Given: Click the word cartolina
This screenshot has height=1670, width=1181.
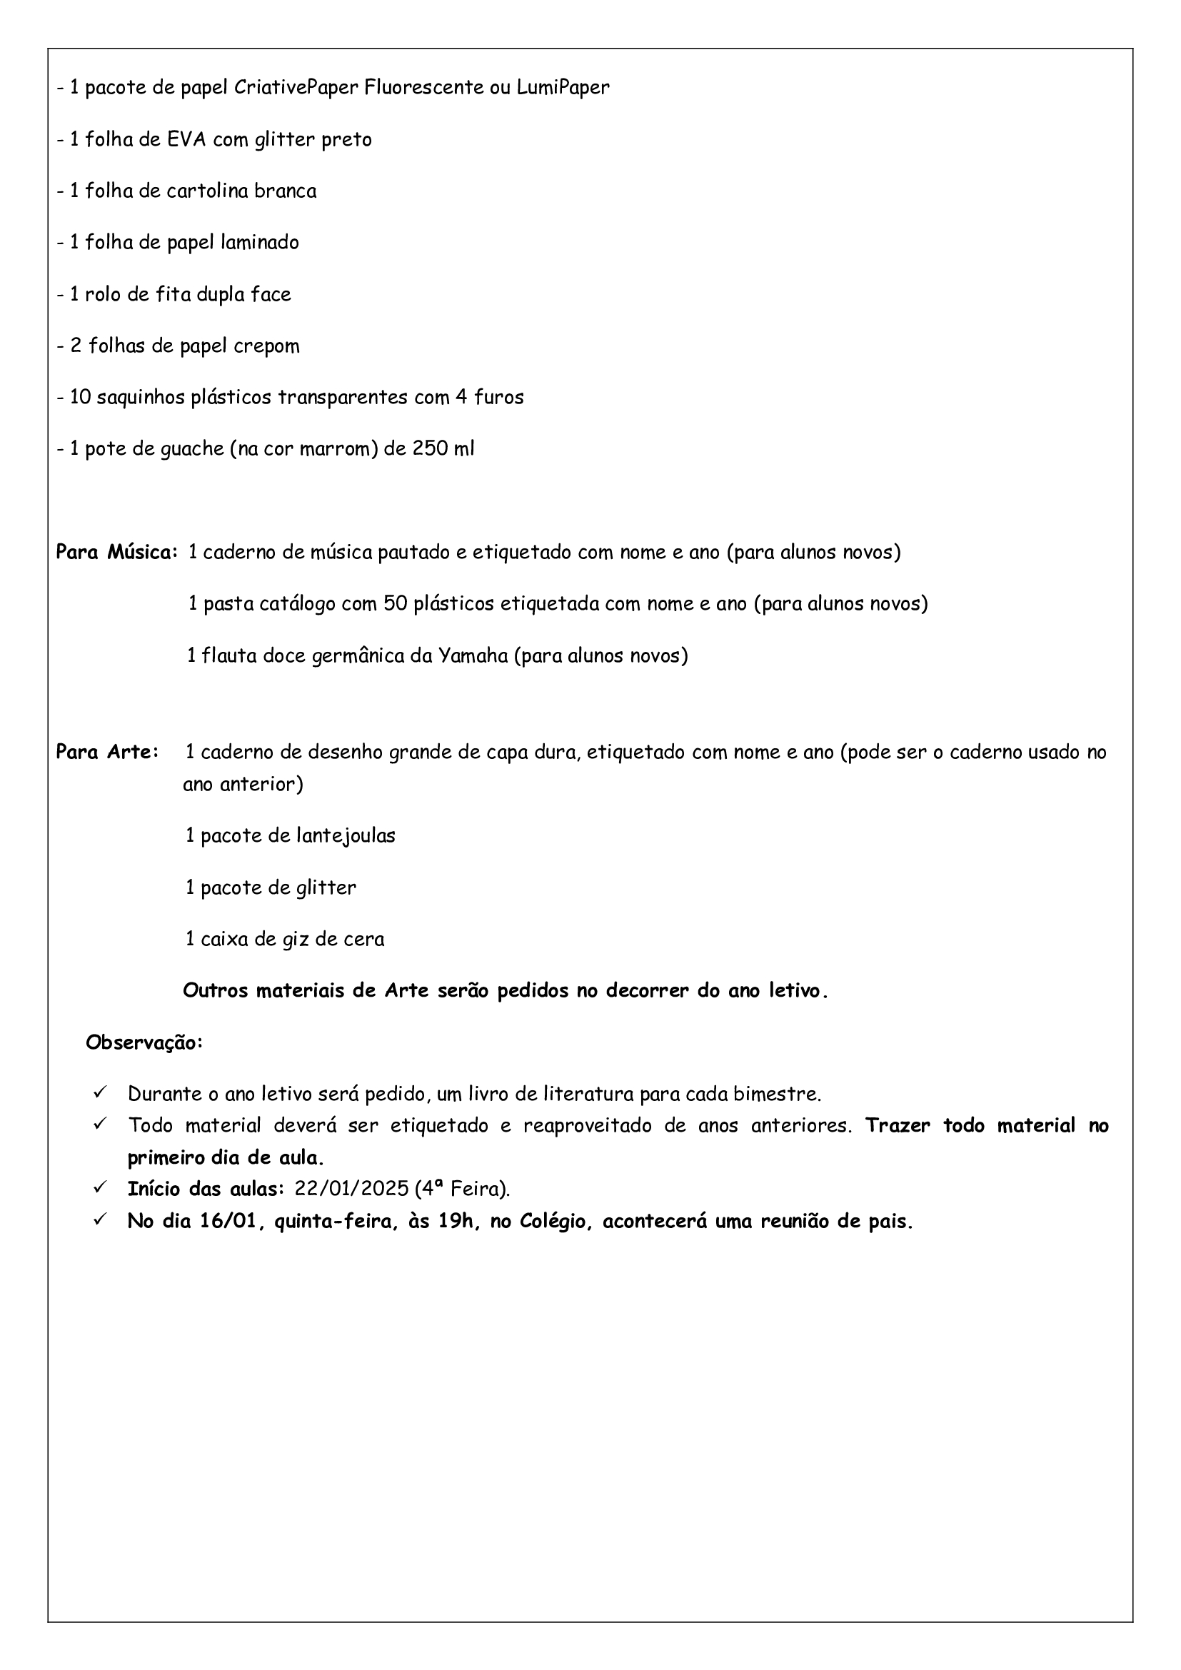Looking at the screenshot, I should [210, 191].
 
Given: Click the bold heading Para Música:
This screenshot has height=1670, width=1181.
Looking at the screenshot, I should [116, 553].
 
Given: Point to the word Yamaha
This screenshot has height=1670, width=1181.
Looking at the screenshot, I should [472, 656].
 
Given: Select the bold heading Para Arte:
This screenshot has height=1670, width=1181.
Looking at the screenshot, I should [108, 752].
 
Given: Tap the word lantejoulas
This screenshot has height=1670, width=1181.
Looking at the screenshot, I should [346, 836].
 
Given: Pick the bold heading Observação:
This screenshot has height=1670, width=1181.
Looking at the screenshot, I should [145, 1043].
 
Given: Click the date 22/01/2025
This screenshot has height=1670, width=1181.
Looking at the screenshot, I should [352, 1189].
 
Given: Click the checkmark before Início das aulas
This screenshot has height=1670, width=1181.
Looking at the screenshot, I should [101, 1188].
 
